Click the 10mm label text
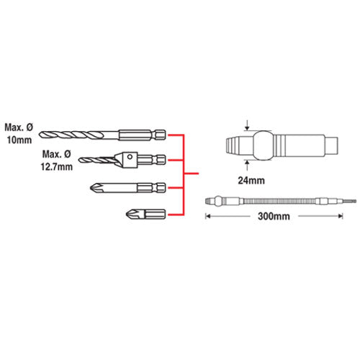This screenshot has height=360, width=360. tap(19, 140)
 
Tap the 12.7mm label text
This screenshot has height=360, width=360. tap(57, 167)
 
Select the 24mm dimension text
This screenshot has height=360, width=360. tap(251, 181)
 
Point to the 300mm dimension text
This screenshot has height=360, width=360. tap(274, 217)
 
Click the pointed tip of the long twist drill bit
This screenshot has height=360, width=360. tap(40, 135)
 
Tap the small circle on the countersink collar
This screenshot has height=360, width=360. tap(130, 157)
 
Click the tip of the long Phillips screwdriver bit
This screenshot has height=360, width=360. tap(91, 187)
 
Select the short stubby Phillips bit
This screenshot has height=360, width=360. tap(145, 214)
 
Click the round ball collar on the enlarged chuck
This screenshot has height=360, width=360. tap(263, 145)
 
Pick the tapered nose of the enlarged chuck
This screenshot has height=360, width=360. tap(235, 145)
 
